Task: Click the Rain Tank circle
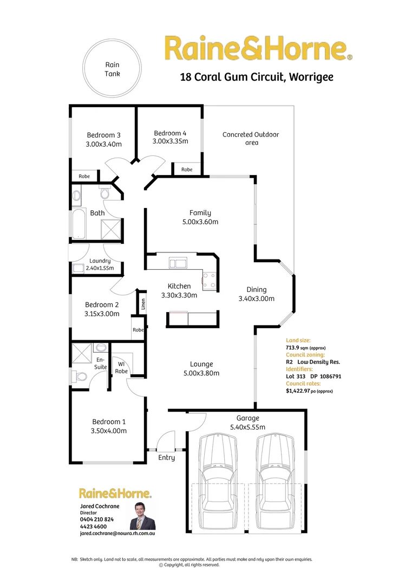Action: (x=113, y=69)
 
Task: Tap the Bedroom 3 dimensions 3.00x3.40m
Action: (x=104, y=144)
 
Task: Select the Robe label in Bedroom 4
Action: (x=187, y=170)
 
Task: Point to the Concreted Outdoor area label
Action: (x=251, y=138)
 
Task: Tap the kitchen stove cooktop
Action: (x=208, y=280)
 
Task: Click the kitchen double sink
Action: (x=177, y=264)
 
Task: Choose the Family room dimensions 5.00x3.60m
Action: (x=200, y=222)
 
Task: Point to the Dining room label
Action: (x=256, y=289)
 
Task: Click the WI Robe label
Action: (x=121, y=367)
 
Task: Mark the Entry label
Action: (x=166, y=458)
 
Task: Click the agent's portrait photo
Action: (x=142, y=515)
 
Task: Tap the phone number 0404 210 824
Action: (x=96, y=519)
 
